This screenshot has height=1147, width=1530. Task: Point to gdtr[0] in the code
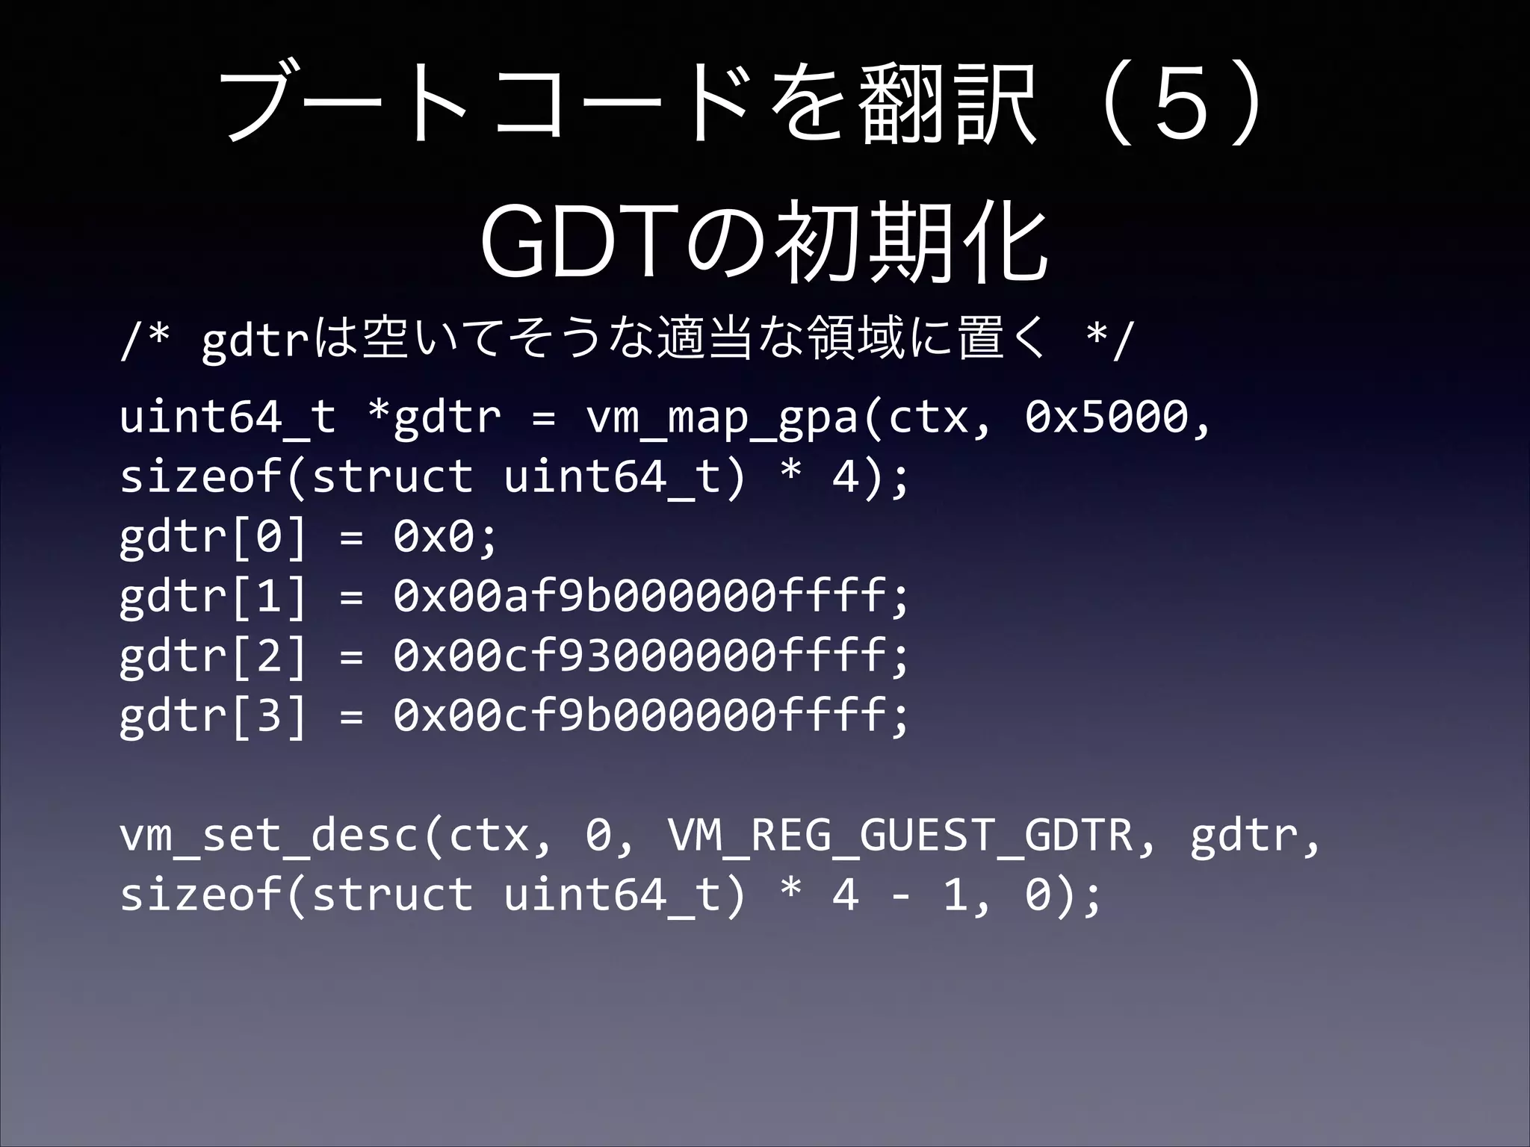(213, 536)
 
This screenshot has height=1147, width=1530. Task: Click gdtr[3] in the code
(213, 715)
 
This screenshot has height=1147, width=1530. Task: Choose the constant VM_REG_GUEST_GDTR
(900, 835)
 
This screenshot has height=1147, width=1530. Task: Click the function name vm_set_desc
(269, 835)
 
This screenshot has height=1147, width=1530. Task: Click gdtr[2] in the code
(213, 656)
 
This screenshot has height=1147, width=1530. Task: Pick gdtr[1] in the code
(213, 596)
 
